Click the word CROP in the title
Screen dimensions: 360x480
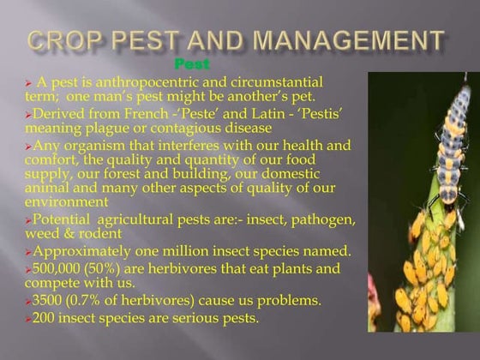(68, 40)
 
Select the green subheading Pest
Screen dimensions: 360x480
(191, 63)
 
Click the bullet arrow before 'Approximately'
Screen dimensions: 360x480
(27, 252)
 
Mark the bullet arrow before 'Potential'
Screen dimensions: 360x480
(27, 220)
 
